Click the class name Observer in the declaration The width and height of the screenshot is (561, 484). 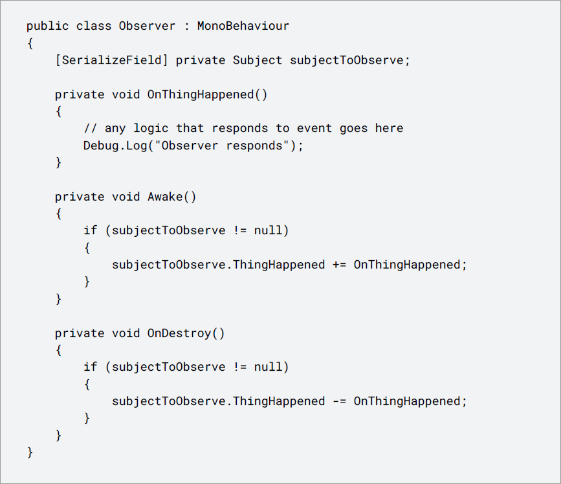[x=147, y=27]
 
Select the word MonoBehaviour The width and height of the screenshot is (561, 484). [x=243, y=27]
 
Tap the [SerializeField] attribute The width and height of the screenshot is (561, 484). [x=111, y=60]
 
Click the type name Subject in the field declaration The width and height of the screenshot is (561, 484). [x=258, y=60]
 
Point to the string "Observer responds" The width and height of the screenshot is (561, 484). [x=222, y=146]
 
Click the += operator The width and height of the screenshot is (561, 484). [x=339, y=265]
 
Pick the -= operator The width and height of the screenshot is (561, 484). [x=339, y=401]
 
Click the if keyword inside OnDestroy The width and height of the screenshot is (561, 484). [x=91, y=367]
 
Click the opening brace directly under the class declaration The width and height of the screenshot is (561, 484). [x=30, y=43]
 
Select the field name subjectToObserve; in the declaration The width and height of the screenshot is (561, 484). [x=350, y=60]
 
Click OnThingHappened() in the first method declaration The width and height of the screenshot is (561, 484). [x=207, y=94]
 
